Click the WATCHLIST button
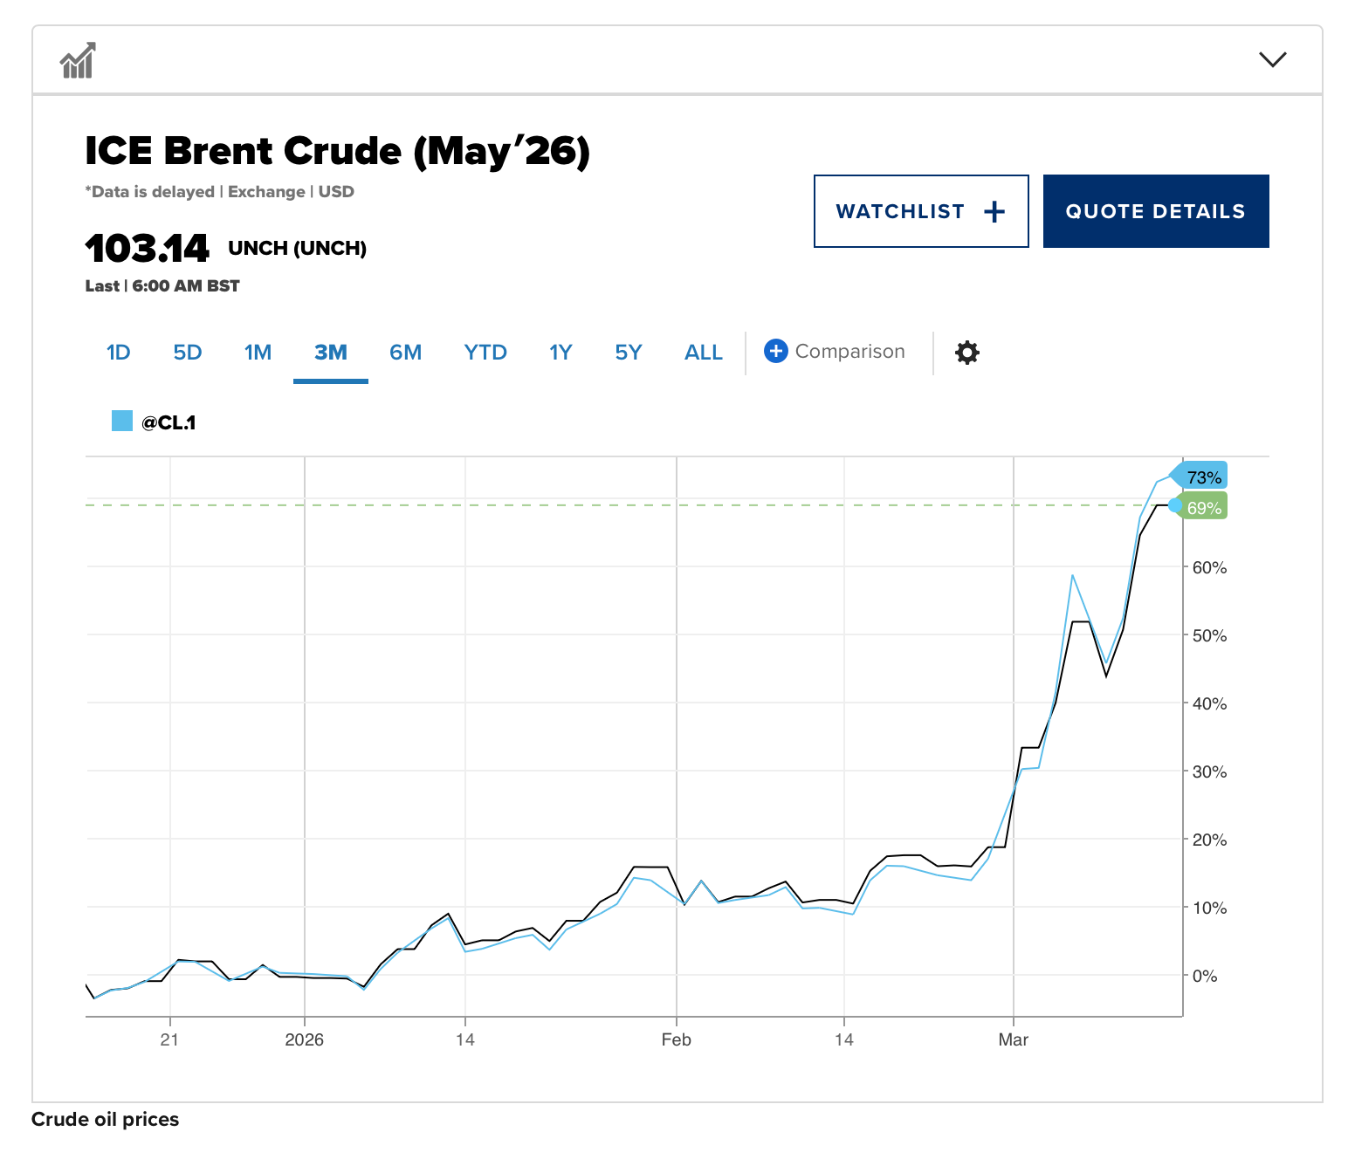click(x=920, y=211)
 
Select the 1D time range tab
click(x=118, y=353)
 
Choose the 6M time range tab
click(x=405, y=353)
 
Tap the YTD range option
click(x=485, y=353)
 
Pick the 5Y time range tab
click(x=628, y=353)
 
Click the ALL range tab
click(x=703, y=353)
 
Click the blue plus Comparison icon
click(x=775, y=351)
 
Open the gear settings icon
click(x=966, y=353)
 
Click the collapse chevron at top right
click(x=1272, y=59)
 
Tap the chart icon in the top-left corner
click(x=78, y=60)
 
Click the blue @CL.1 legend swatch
click(x=122, y=422)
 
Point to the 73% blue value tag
click(x=1202, y=477)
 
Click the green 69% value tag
click(x=1203, y=508)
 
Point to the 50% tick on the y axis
click(x=1209, y=635)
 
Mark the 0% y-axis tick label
click(x=1205, y=976)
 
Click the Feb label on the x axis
click(x=676, y=1039)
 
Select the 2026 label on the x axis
click(x=304, y=1039)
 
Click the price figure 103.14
click(x=147, y=249)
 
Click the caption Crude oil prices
click(x=105, y=1120)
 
